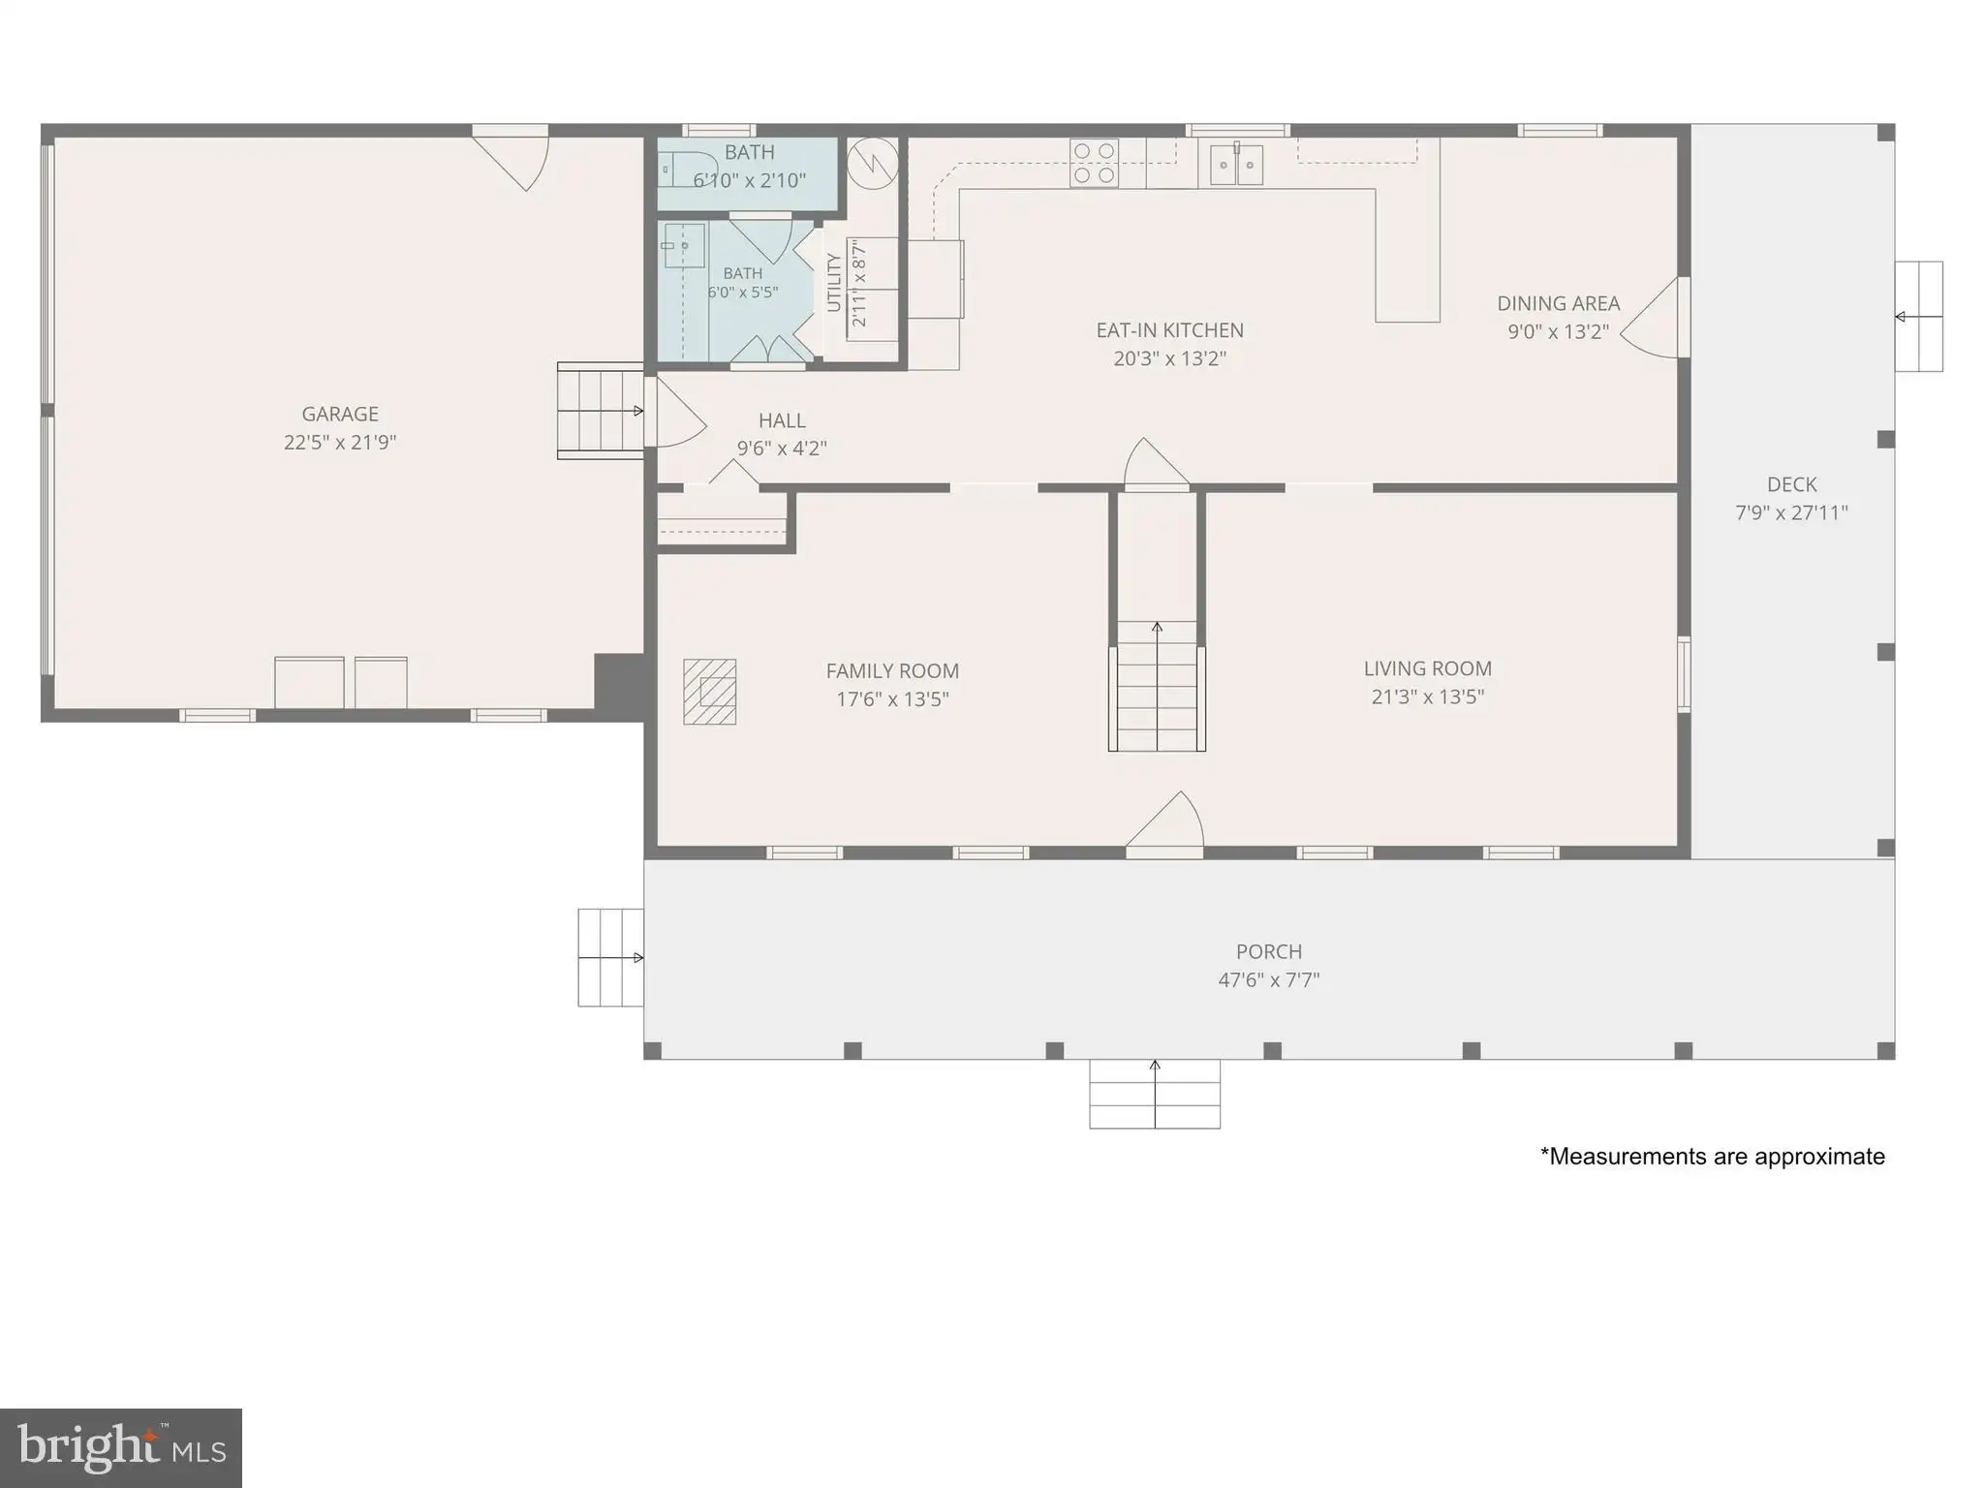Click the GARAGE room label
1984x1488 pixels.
(x=340, y=415)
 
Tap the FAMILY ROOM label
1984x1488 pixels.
(x=892, y=671)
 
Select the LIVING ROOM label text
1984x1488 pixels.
(x=1428, y=668)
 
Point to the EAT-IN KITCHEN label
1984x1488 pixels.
(x=1170, y=330)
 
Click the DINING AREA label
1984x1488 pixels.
(x=1559, y=303)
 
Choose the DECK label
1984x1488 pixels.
(x=1792, y=484)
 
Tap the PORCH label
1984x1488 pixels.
(x=1269, y=951)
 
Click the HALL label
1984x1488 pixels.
(x=782, y=420)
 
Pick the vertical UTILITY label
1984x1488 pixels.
(x=833, y=283)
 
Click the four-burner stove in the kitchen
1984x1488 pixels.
(x=1095, y=163)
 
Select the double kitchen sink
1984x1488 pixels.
(x=1237, y=164)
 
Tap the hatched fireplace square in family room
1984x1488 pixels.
(x=710, y=692)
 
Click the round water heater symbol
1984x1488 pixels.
(x=873, y=164)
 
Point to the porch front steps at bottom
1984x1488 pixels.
(x=1155, y=1094)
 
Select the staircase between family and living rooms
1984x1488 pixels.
(x=1158, y=686)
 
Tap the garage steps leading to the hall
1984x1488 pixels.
(x=601, y=411)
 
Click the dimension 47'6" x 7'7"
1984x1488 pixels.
(x=1269, y=980)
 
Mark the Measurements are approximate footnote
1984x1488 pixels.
(x=1713, y=1157)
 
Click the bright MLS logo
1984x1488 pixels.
(x=121, y=1447)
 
